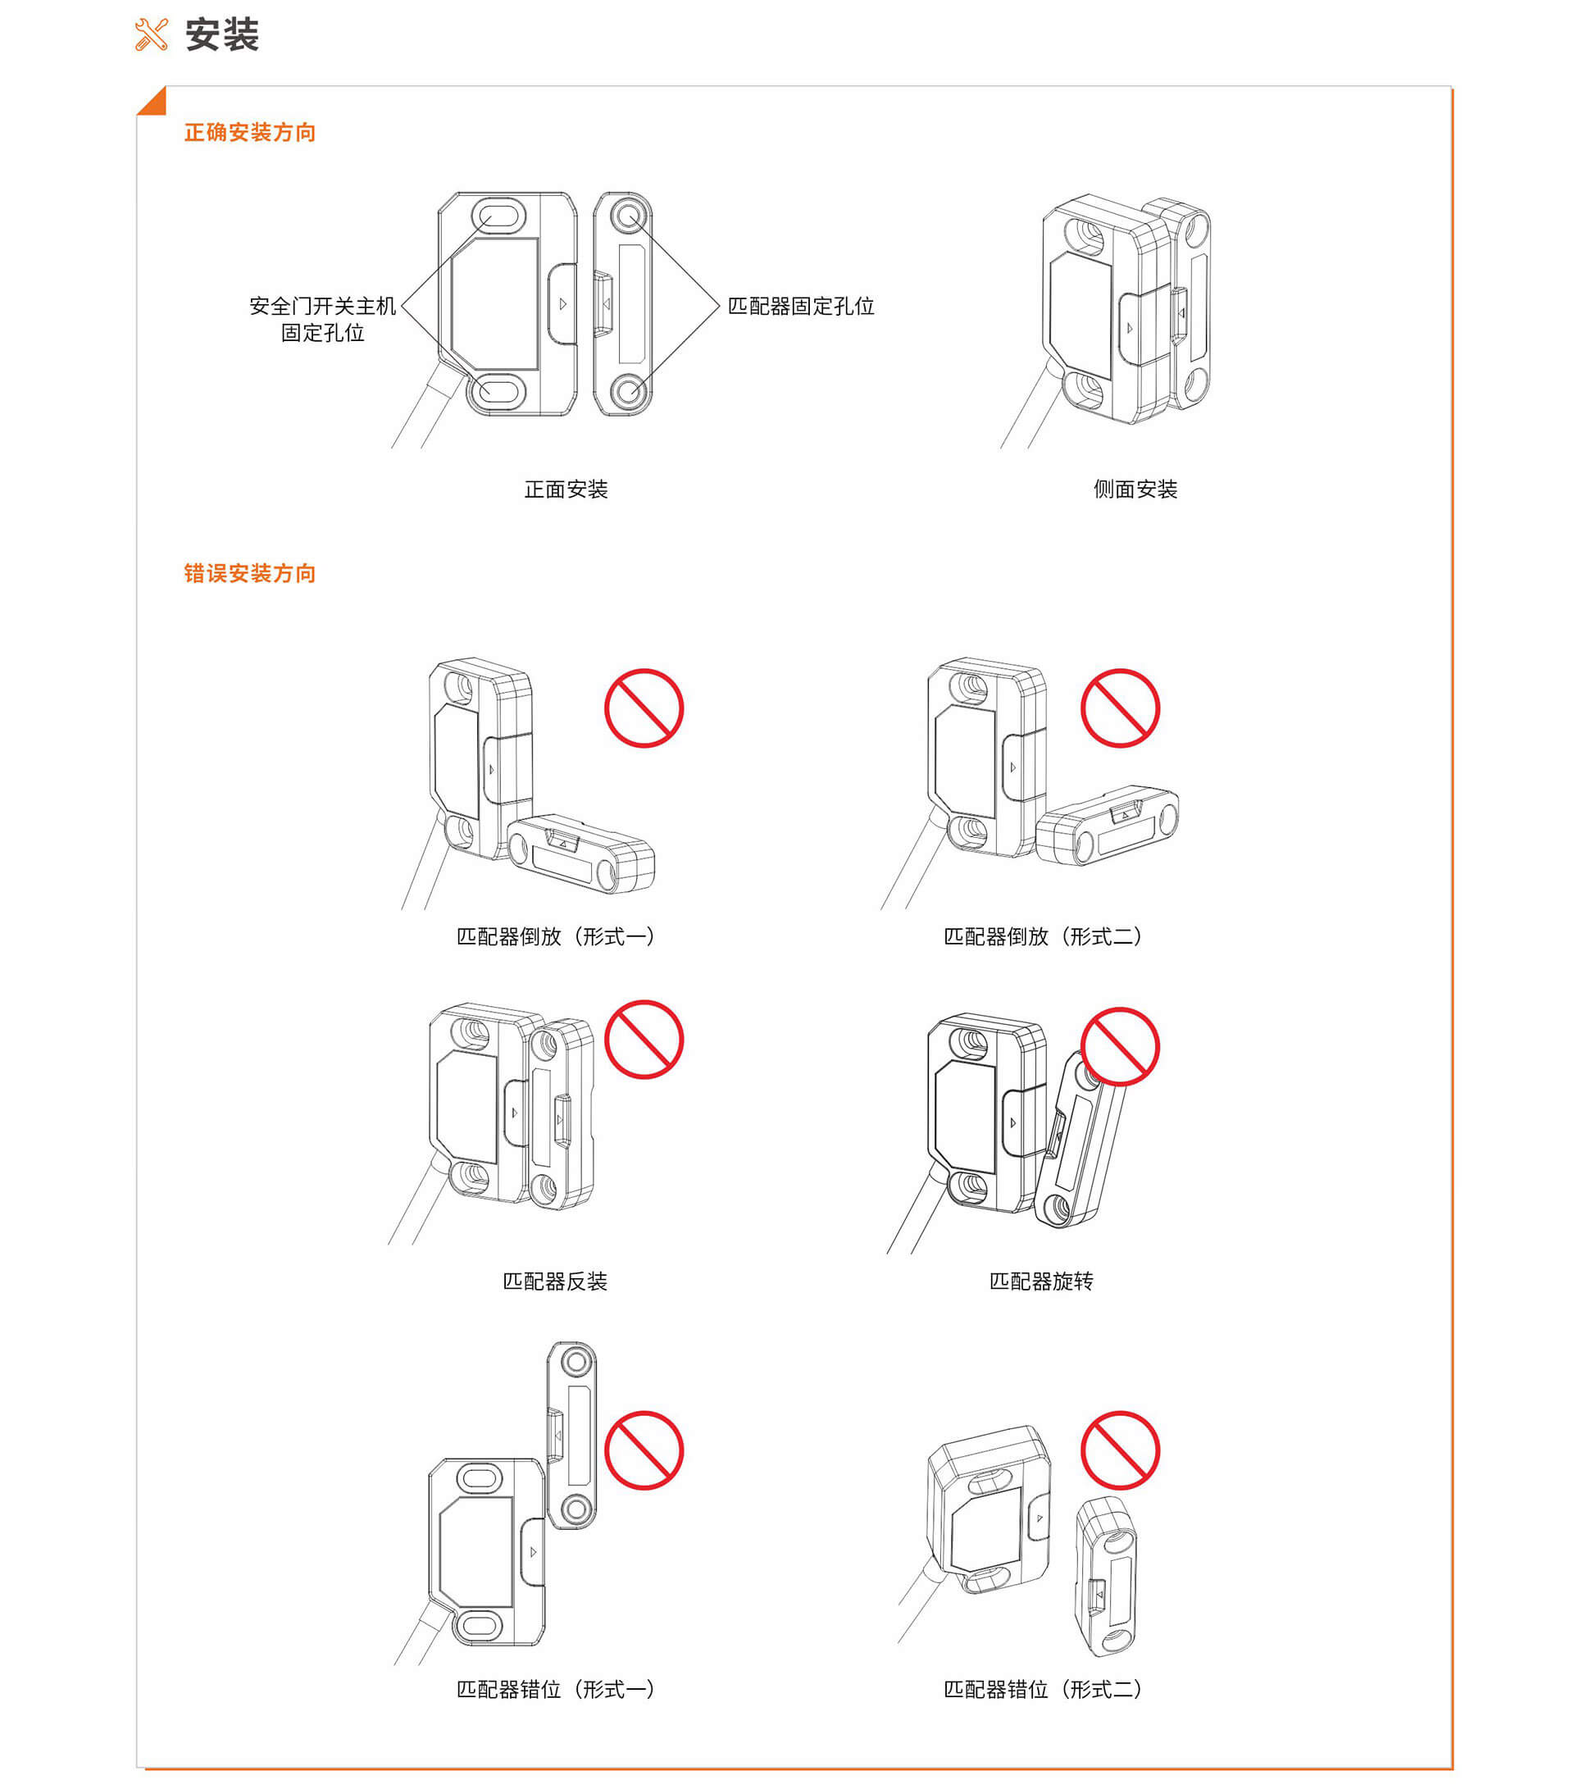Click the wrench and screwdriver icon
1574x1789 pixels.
tap(151, 35)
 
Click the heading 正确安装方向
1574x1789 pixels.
tap(249, 132)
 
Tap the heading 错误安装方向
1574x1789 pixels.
tap(249, 573)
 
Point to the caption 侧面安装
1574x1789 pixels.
tap(1135, 489)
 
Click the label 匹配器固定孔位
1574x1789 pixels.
tap(801, 307)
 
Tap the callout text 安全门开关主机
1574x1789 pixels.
tap(323, 307)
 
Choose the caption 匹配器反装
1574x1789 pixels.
tap(555, 1281)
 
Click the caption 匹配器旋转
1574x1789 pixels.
tap(1041, 1281)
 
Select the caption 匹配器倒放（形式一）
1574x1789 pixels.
tap(555, 936)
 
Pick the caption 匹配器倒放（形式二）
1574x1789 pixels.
tap(1041, 936)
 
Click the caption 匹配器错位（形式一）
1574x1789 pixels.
tap(555, 1689)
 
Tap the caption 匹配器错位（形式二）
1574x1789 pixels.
tap(1041, 1689)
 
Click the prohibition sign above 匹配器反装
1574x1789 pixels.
tap(644, 1039)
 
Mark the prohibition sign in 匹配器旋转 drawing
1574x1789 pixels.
tap(1120, 1047)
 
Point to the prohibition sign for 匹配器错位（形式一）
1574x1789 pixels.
tap(644, 1450)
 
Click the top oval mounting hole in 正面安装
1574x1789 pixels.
tap(498, 215)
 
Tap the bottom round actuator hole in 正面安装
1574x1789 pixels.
tap(626, 390)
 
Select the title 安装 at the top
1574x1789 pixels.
tap(222, 35)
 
